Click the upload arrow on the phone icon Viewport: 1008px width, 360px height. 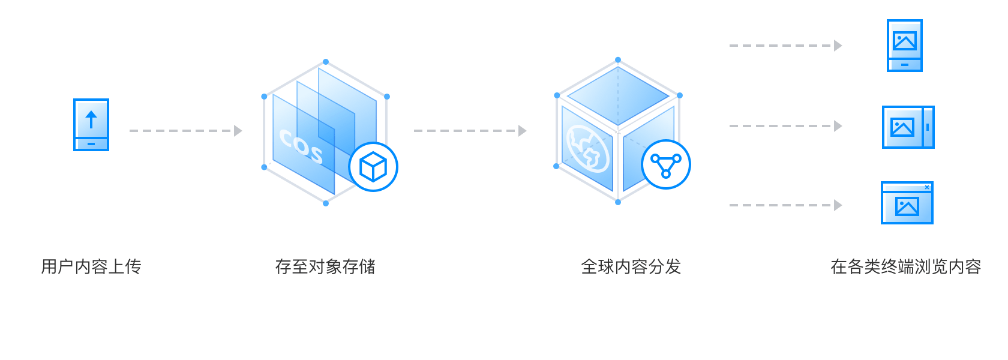click(91, 119)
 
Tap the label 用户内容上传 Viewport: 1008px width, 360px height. click(91, 266)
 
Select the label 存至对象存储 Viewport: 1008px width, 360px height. click(325, 266)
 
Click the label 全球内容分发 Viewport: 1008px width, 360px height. click(631, 266)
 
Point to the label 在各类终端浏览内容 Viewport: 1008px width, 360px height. click(905, 266)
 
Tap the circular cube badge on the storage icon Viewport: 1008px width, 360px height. click(373, 166)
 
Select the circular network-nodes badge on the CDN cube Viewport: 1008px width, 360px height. click(666, 164)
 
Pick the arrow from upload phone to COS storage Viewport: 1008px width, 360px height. click(185, 131)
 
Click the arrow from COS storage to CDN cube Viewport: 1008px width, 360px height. click(470, 131)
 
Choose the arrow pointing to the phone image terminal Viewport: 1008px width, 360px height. click(785, 46)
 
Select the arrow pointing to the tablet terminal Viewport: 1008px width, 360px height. click(785, 126)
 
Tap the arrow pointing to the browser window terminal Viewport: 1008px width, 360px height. click(785, 205)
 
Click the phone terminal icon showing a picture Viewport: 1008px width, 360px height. click(904, 46)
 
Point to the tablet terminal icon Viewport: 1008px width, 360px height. click(908, 127)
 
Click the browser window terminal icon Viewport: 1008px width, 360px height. click(907, 203)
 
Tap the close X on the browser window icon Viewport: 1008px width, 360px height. click(927, 187)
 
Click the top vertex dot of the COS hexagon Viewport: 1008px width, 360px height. click(326, 61)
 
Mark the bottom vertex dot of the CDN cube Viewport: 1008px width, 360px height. click(618, 202)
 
